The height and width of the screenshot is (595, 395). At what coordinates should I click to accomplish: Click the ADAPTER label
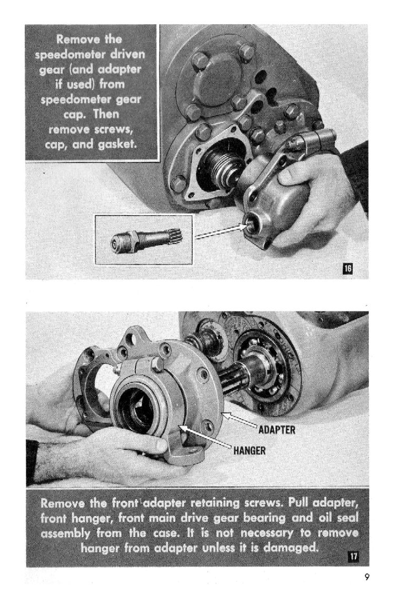point(276,430)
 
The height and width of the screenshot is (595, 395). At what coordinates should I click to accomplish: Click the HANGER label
point(250,451)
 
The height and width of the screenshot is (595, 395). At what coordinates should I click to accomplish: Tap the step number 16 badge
point(348,269)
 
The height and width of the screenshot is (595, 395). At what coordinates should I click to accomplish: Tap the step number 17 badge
point(353,557)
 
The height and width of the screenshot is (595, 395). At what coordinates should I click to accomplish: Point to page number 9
point(367,577)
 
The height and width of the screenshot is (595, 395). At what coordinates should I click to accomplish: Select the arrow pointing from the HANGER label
point(205,438)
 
